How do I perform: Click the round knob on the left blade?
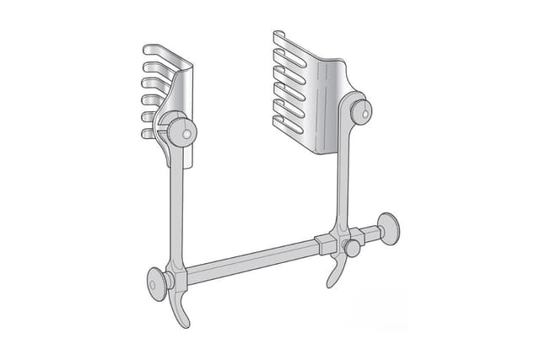click(181, 130)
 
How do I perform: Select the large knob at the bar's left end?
click(156, 285)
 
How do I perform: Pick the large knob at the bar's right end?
click(388, 227)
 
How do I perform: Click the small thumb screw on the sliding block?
click(352, 249)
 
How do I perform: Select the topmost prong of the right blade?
click(283, 37)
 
